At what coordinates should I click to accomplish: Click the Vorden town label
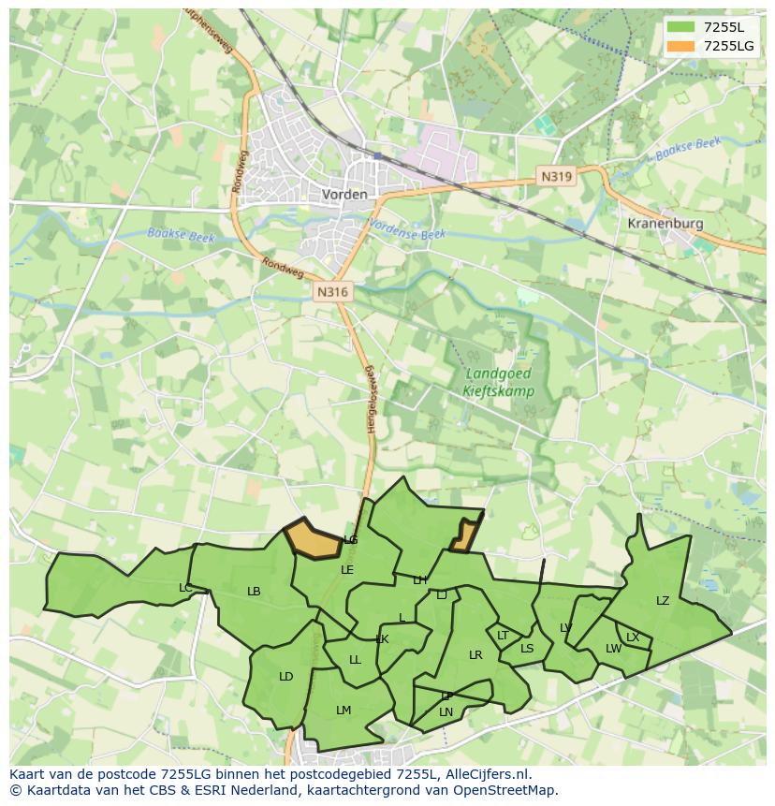[x=344, y=195]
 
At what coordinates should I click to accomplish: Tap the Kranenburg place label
[x=665, y=225]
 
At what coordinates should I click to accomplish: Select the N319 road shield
[x=555, y=175]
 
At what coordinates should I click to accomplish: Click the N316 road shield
[x=332, y=292]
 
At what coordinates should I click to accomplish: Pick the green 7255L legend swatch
[x=680, y=27]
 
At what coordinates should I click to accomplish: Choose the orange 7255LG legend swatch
[x=680, y=46]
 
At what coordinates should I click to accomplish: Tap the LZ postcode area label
[x=663, y=601]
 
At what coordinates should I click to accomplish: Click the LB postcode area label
[x=254, y=592]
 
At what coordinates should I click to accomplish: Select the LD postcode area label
[x=285, y=677]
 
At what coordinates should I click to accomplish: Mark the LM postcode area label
[x=344, y=711]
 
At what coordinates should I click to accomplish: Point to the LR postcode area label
[x=475, y=655]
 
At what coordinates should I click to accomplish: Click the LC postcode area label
[x=185, y=588]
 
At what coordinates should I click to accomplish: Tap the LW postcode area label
[x=613, y=649]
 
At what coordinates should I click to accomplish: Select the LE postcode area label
[x=347, y=570]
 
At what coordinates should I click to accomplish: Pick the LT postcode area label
[x=503, y=636]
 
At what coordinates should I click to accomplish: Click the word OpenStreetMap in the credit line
[x=501, y=790]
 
